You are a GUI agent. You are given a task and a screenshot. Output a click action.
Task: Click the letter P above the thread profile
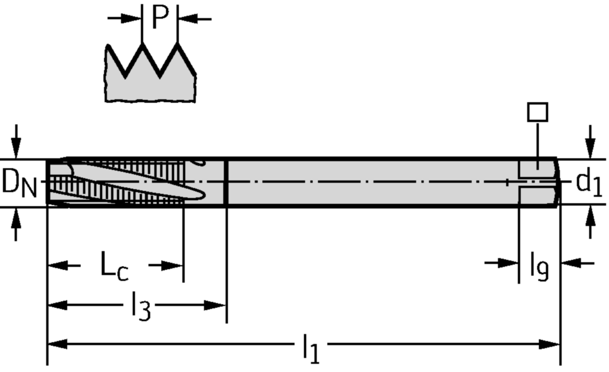click(159, 18)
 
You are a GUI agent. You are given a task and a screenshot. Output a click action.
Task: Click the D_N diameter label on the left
click(19, 182)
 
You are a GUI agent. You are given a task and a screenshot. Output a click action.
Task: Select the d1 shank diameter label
click(589, 184)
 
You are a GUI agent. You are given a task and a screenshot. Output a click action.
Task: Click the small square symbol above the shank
click(538, 112)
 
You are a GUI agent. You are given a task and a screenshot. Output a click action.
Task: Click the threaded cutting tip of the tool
click(119, 182)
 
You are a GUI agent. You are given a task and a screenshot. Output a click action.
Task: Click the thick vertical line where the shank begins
click(226, 182)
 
